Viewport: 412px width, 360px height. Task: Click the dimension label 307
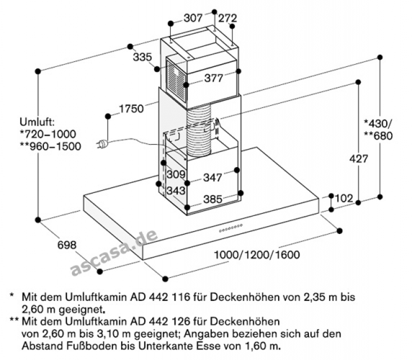tap(194, 17)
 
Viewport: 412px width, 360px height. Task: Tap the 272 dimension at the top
tap(229, 17)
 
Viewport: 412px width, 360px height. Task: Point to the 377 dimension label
tap(214, 79)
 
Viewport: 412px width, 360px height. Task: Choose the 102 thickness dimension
tap(344, 197)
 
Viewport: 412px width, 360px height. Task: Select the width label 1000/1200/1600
tap(257, 255)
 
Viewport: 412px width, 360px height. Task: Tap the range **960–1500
tap(50, 146)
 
